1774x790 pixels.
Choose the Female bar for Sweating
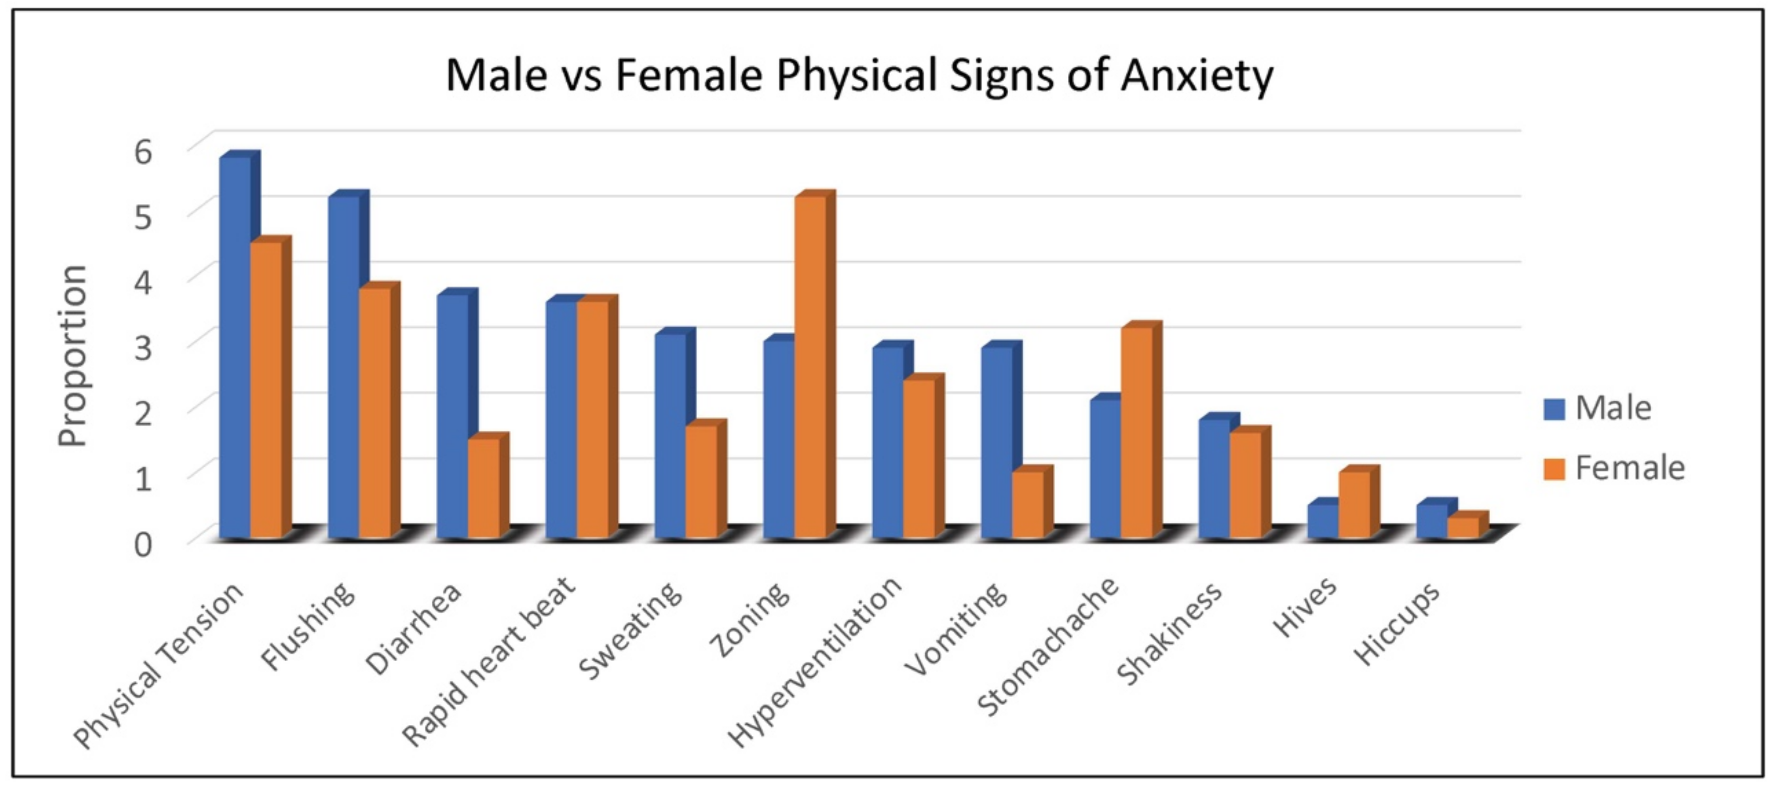coord(701,481)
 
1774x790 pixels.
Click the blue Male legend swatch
coord(1554,409)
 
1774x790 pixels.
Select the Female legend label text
coord(1630,468)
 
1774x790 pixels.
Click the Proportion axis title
coord(72,356)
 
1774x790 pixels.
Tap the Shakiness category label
coord(1169,633)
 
